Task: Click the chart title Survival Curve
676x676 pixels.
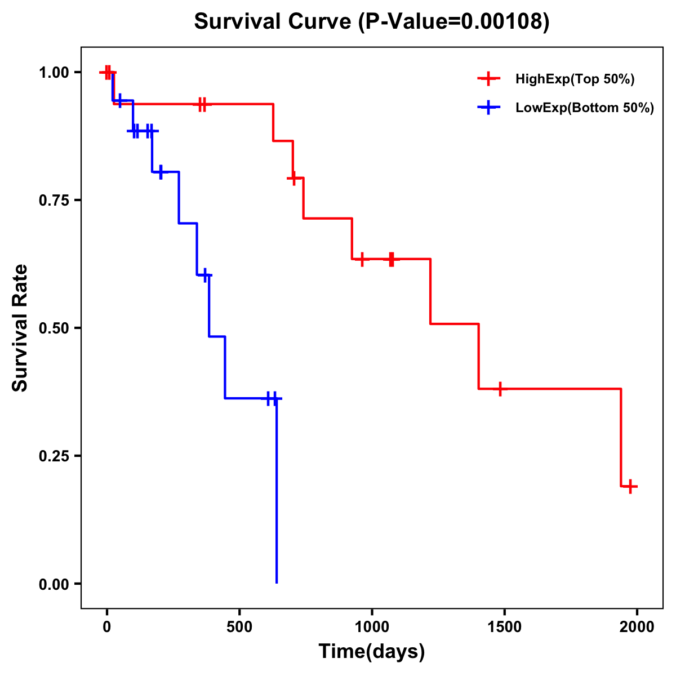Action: coord(371,21)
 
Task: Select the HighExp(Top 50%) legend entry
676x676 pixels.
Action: coord(575,79)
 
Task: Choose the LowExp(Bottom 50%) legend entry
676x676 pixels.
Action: coord(585,108)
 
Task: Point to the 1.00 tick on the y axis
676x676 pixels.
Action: coord(55,72)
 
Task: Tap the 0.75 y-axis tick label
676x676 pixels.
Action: coord(55,200)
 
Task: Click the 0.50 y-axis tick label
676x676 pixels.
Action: coord(55,328)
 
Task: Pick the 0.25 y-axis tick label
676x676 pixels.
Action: coord(55,456)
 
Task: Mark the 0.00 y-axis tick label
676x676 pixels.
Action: coord(55,584)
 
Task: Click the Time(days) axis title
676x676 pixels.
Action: coord(372,652)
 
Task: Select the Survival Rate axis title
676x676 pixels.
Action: coord(20,328)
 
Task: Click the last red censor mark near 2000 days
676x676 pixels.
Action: coord(630,486)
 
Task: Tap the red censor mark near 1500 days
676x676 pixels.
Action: coord(500,389)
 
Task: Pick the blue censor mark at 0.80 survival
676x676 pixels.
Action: coord(161,172)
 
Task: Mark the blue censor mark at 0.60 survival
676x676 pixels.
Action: coord(206,275)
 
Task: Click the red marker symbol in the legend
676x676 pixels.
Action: coord(488,79)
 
